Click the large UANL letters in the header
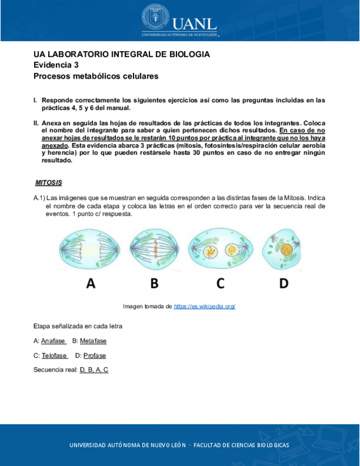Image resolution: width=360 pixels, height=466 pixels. click(194, 23)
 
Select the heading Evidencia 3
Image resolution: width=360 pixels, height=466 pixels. click(56, 65)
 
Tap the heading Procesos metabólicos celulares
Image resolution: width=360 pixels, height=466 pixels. click(96, 76)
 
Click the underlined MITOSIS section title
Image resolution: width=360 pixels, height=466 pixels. click(48, 182)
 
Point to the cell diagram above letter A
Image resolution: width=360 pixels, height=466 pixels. click(91, 251)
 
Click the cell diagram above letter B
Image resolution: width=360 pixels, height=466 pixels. click(154, 251)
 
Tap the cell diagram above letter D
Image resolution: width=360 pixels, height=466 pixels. click(283, 251)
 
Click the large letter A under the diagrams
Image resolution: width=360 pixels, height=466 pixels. click(91, 284)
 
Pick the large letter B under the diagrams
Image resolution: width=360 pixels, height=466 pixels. click(154, 284)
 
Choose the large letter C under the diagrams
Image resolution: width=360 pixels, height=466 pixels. click(220, 284)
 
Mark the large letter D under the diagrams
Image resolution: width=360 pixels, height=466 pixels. click(284, 284)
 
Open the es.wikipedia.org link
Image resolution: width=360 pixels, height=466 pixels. click(204, 306)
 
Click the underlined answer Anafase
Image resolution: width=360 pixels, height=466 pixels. click(53, 341)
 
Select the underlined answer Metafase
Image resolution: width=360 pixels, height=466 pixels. click(93, 341)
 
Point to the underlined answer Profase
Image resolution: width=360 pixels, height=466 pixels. click(95, 356)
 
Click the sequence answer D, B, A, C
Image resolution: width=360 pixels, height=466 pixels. click(94, 370)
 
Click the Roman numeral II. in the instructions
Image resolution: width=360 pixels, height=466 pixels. click(36, 123)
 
